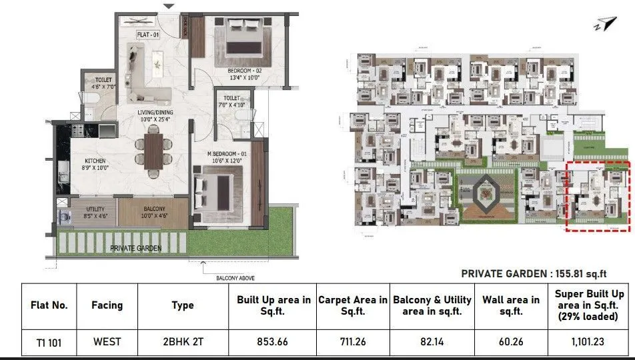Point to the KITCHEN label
(x=95, y=161)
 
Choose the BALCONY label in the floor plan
(x=154, y=209)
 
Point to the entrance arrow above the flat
(x=169, y=7)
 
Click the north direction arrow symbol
(x=606, y=25)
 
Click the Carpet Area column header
(x=352, y=305)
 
